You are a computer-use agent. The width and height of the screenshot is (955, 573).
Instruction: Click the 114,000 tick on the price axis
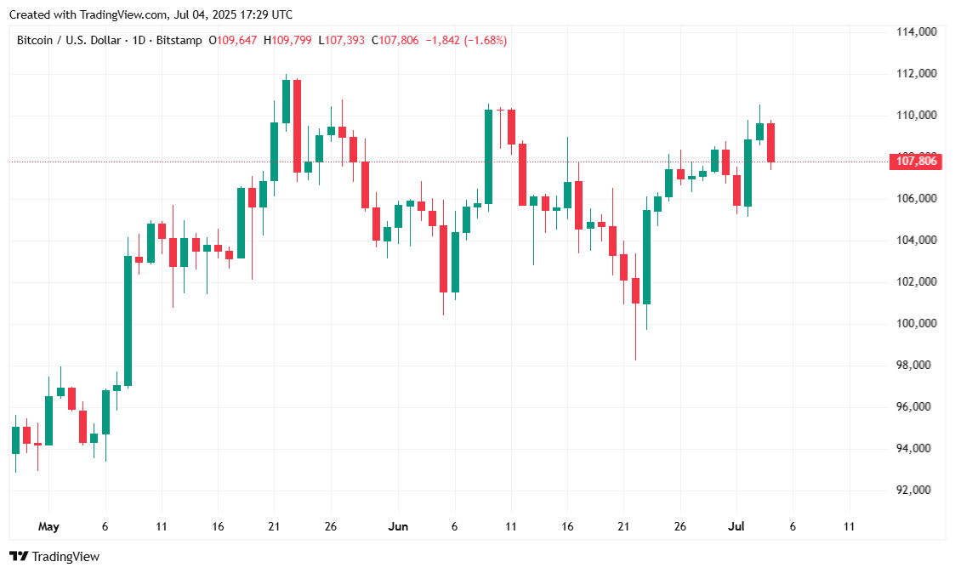[x=916, y=32]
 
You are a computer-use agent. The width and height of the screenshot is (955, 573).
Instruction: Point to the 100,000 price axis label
[x=916, y=324]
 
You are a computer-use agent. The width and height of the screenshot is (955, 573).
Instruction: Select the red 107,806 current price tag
[x=916, y=162]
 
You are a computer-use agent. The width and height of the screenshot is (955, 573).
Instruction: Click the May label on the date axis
[x=48, y=527]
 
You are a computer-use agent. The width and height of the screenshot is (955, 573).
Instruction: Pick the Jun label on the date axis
[x=398, y=527]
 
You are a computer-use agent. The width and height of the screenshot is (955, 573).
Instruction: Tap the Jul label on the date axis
[x=736, y=527]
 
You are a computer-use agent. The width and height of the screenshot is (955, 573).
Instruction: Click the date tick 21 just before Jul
[x=623, y=527]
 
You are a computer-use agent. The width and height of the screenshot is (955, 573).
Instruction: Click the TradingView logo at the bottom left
[x=54, y=557]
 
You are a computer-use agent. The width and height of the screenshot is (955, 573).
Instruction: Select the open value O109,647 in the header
[x=235, y=40]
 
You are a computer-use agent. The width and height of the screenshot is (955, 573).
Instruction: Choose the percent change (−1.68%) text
[x=485, y=40]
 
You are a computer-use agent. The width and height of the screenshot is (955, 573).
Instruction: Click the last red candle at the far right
[x=770, y=142]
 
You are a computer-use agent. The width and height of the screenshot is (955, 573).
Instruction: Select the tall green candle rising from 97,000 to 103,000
[x=128, y=321]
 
